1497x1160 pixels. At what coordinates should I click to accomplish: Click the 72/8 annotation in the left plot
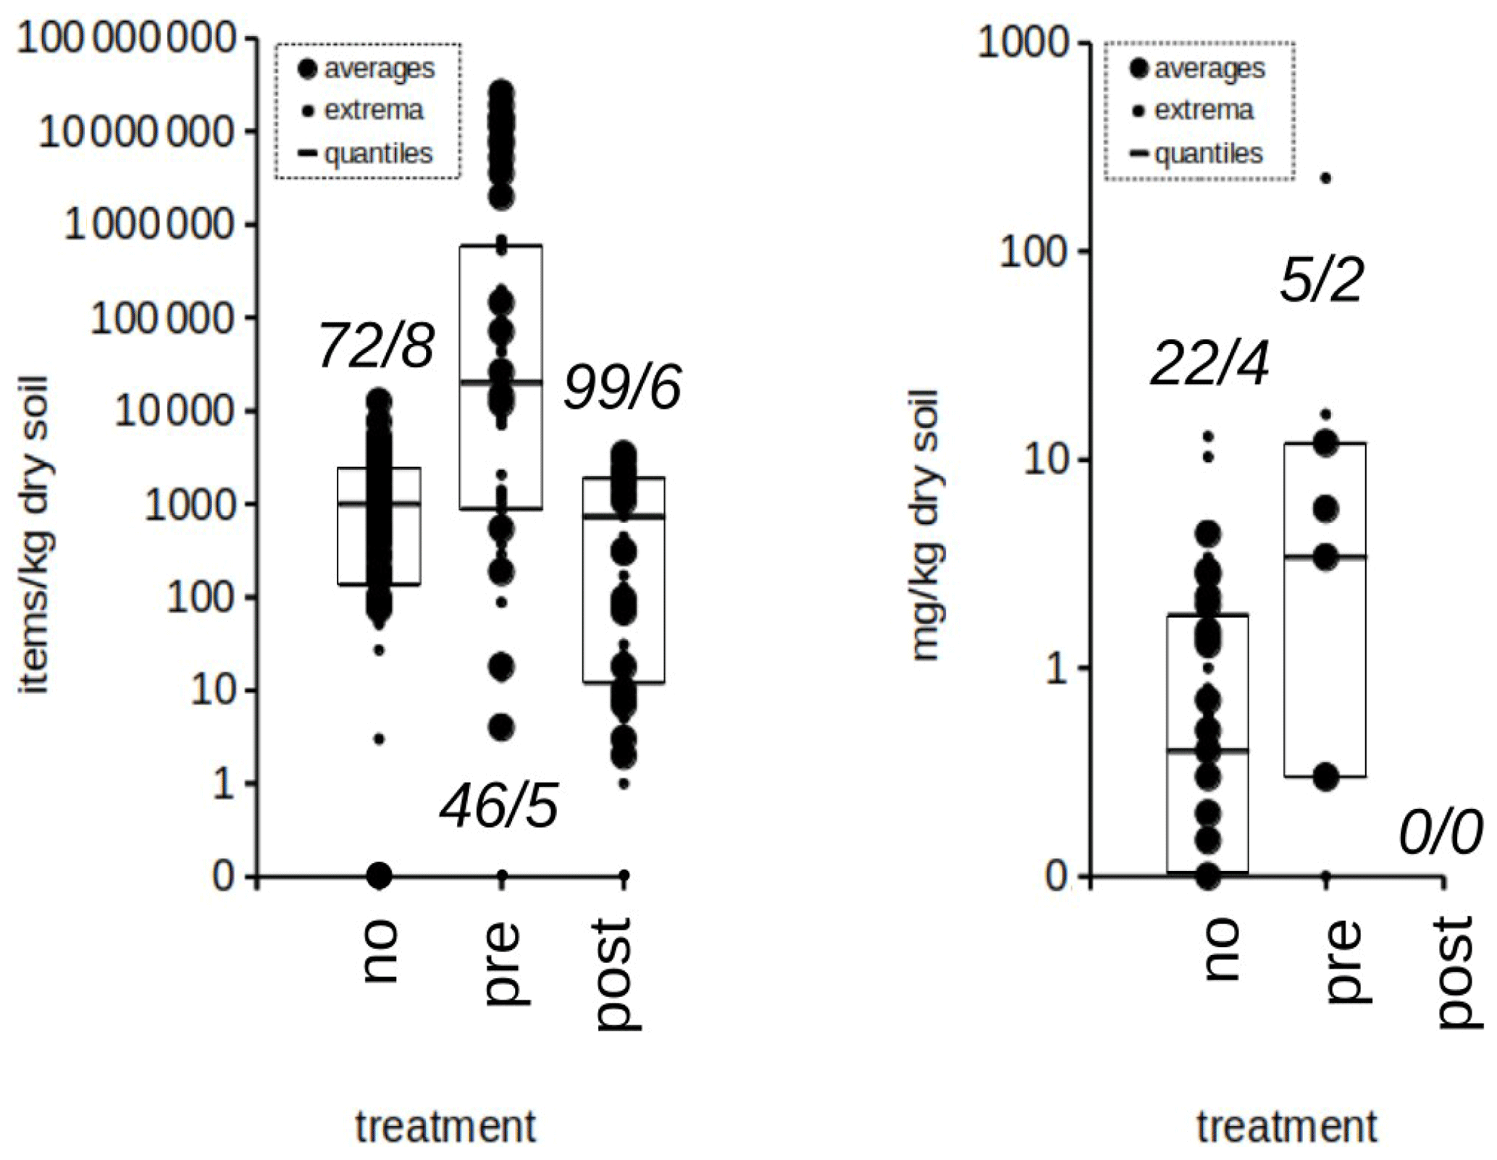tap(376, 345)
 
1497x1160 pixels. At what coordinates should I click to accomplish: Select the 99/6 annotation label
tap(622, 388)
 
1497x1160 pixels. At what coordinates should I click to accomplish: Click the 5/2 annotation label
tap(1322, 280)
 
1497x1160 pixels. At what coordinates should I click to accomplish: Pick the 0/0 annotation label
tap(1440, 833)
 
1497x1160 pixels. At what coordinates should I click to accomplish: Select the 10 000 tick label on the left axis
tap(176, 411)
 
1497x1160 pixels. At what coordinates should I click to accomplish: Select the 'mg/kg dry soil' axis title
tap(926, 526)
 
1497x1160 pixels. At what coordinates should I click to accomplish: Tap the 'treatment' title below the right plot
tap(1286, 1127)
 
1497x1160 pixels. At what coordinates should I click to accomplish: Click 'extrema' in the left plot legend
tap(373, 110)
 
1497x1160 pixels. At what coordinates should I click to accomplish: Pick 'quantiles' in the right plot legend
tap(1209, 154)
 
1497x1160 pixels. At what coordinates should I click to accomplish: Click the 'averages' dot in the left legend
tap(308, 69)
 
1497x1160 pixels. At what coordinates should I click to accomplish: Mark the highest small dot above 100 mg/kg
tap(1326, 178)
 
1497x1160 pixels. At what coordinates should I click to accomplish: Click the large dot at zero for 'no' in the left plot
tap(379, 875)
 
